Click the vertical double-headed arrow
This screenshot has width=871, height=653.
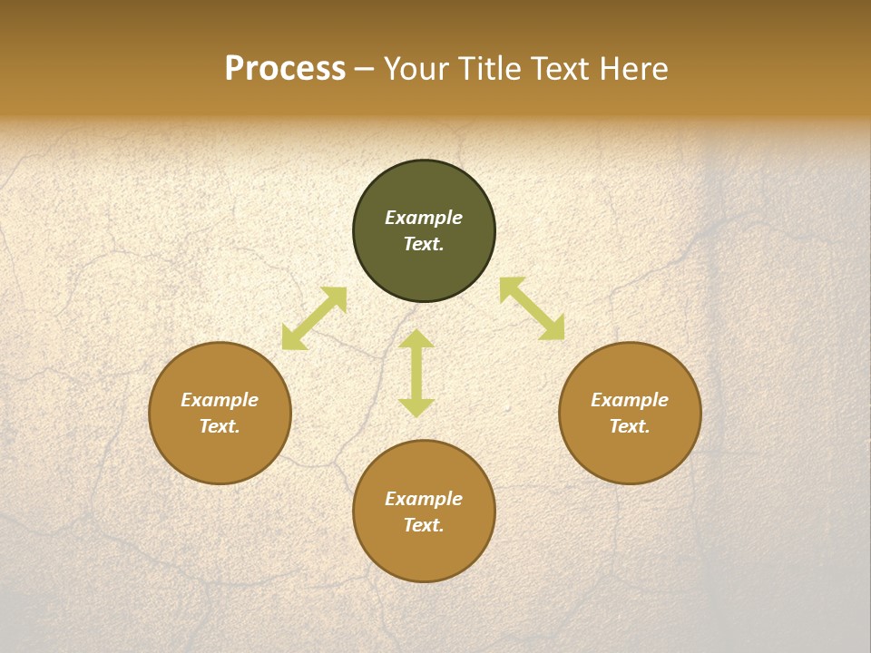pos(416,373)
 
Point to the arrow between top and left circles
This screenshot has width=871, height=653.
pos(314,318)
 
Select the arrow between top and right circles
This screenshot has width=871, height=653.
pos(532,308)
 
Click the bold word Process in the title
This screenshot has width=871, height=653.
pos(285,69)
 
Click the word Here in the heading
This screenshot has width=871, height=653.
pos(634,69)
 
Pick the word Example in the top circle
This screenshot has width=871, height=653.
pos(424,218)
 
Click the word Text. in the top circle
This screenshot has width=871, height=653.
pos(424,244)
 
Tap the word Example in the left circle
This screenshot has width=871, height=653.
pos(220,400)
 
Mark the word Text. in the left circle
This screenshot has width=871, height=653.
pos(220,426)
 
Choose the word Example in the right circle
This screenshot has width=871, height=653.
pos(630,400)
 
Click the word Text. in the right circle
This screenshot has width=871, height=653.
pos(630,426)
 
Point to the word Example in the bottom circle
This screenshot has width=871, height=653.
pos(424,499)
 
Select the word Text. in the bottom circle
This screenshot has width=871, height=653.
pos(424,525)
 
